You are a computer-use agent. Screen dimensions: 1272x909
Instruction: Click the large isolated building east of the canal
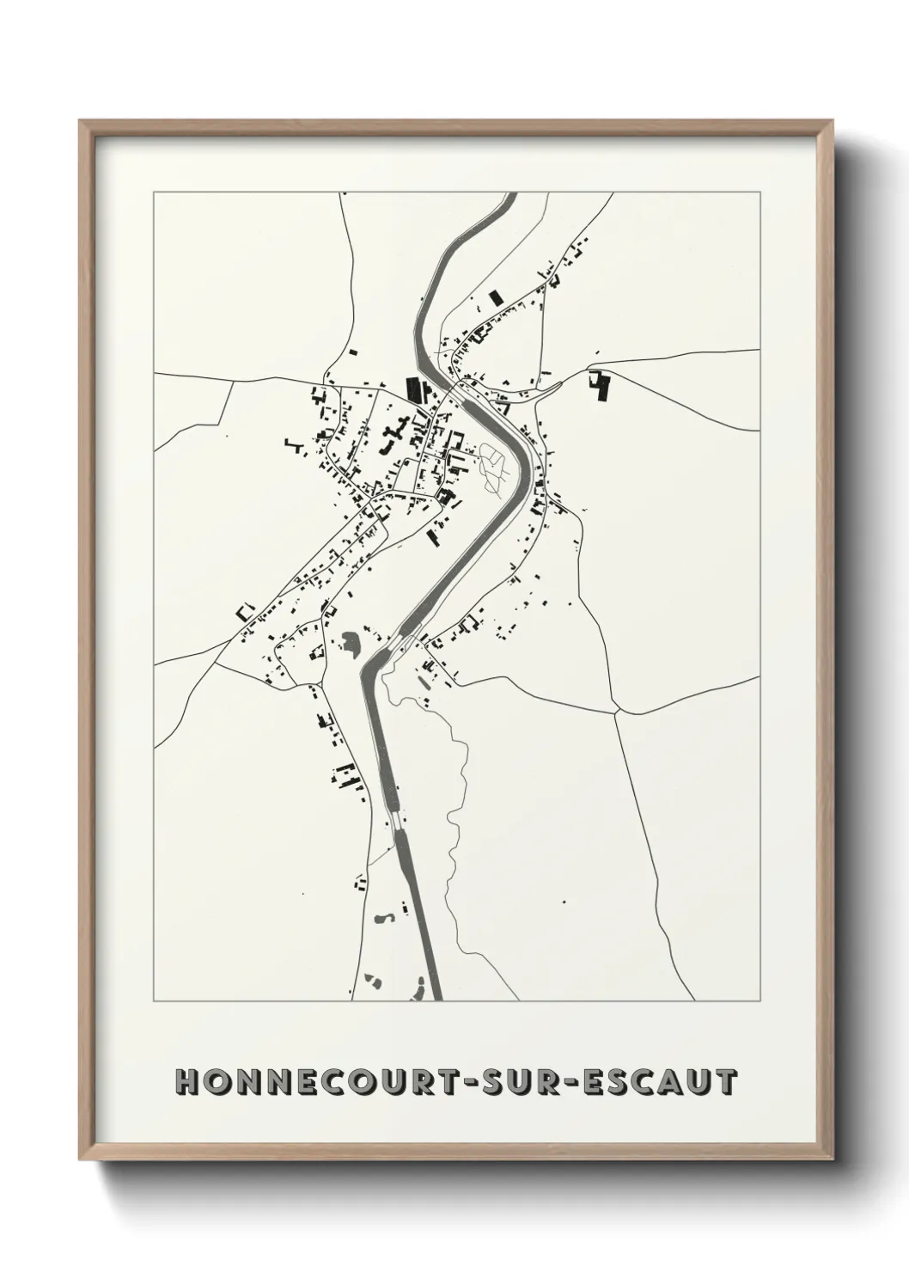point(600,386)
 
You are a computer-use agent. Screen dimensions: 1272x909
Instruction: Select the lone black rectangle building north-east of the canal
point(494,297)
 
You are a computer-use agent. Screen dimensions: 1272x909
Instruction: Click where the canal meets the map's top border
point(509,193)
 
